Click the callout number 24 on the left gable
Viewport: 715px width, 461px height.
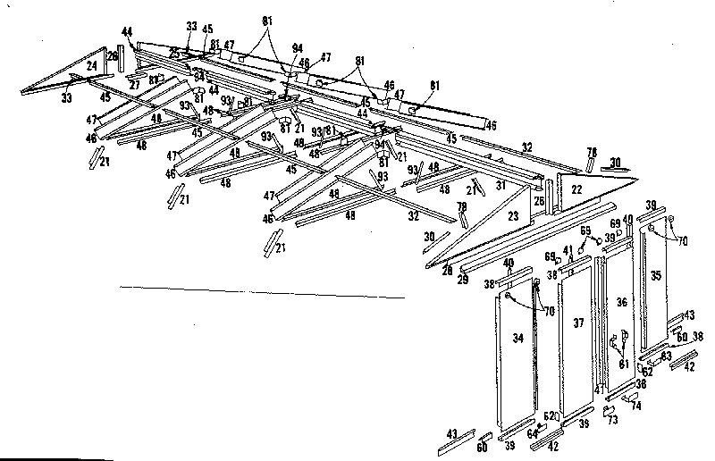pos(92,65)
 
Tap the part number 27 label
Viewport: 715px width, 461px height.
pos(135,87)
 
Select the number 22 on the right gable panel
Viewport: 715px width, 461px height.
pos(576,189)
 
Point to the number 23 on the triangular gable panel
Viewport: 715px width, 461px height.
pos(512,215)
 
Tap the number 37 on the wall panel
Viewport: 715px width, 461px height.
pos(578,323)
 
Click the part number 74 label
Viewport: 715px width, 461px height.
pos(635,405)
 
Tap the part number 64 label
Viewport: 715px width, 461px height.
pos(533,435)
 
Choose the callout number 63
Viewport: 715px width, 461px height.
pos(666,356)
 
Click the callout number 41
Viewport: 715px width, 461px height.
pos(568,250)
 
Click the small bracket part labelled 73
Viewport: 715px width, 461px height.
pos(608,409)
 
